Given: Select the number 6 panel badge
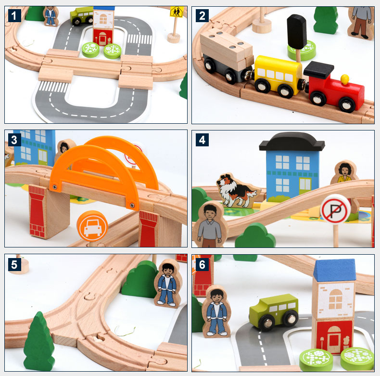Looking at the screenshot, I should (202, 264).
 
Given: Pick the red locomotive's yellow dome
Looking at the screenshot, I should (344, 78).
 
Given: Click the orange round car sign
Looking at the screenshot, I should (92, 225).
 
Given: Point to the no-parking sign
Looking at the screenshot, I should (335, 209).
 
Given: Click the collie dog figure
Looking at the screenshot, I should (235, 191).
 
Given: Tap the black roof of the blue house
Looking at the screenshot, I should (291, 141).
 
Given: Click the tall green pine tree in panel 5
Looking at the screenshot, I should (38, 341).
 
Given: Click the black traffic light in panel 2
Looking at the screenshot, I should (296, 32).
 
